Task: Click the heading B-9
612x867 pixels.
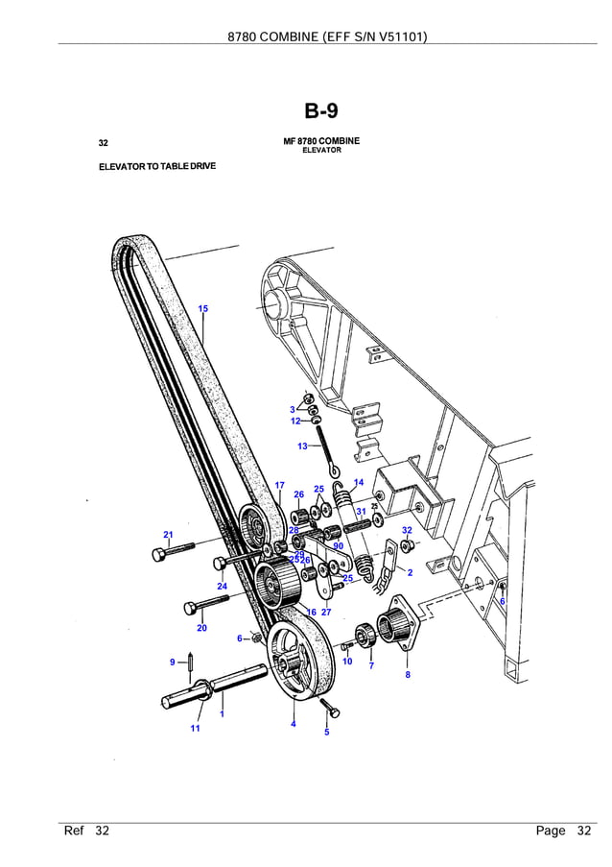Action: pyautogui.click(x=321, y=111)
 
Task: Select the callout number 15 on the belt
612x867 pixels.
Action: pyautogui.click(x=203, y=308)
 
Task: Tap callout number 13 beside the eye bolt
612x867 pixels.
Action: pyautogui.click(x=302, y=446)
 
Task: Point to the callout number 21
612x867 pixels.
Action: pyautogui.click(x=168, y=535)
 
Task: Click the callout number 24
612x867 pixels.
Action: pyautogui.click(x=222, y=586)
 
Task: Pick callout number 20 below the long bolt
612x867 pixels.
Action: pyautogui.click(x=201, y=628)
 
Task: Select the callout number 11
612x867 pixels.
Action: pyautogui.click(x=195, y=729)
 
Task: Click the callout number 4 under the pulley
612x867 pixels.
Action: pyautogui.click(x=294, y=724)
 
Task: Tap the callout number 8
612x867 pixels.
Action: pyautogui.click(x=407, y=675)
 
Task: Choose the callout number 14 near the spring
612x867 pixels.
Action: pyautogui.click(x=358, y=482)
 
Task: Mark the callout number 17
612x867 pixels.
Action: pyautogui.click(x=279, y=486)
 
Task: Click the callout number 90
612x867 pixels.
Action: pyautogui.click(x=338, y=545)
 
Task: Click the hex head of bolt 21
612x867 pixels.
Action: pyautogui.click(x=158, y=554)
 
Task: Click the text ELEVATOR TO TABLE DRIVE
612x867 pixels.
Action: pyautogui.click(x=157, y=166)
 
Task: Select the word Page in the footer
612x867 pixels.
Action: pyautogui.click(x=550, y=831)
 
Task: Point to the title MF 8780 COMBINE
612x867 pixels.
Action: pyautogui.click(x=321, y=141)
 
